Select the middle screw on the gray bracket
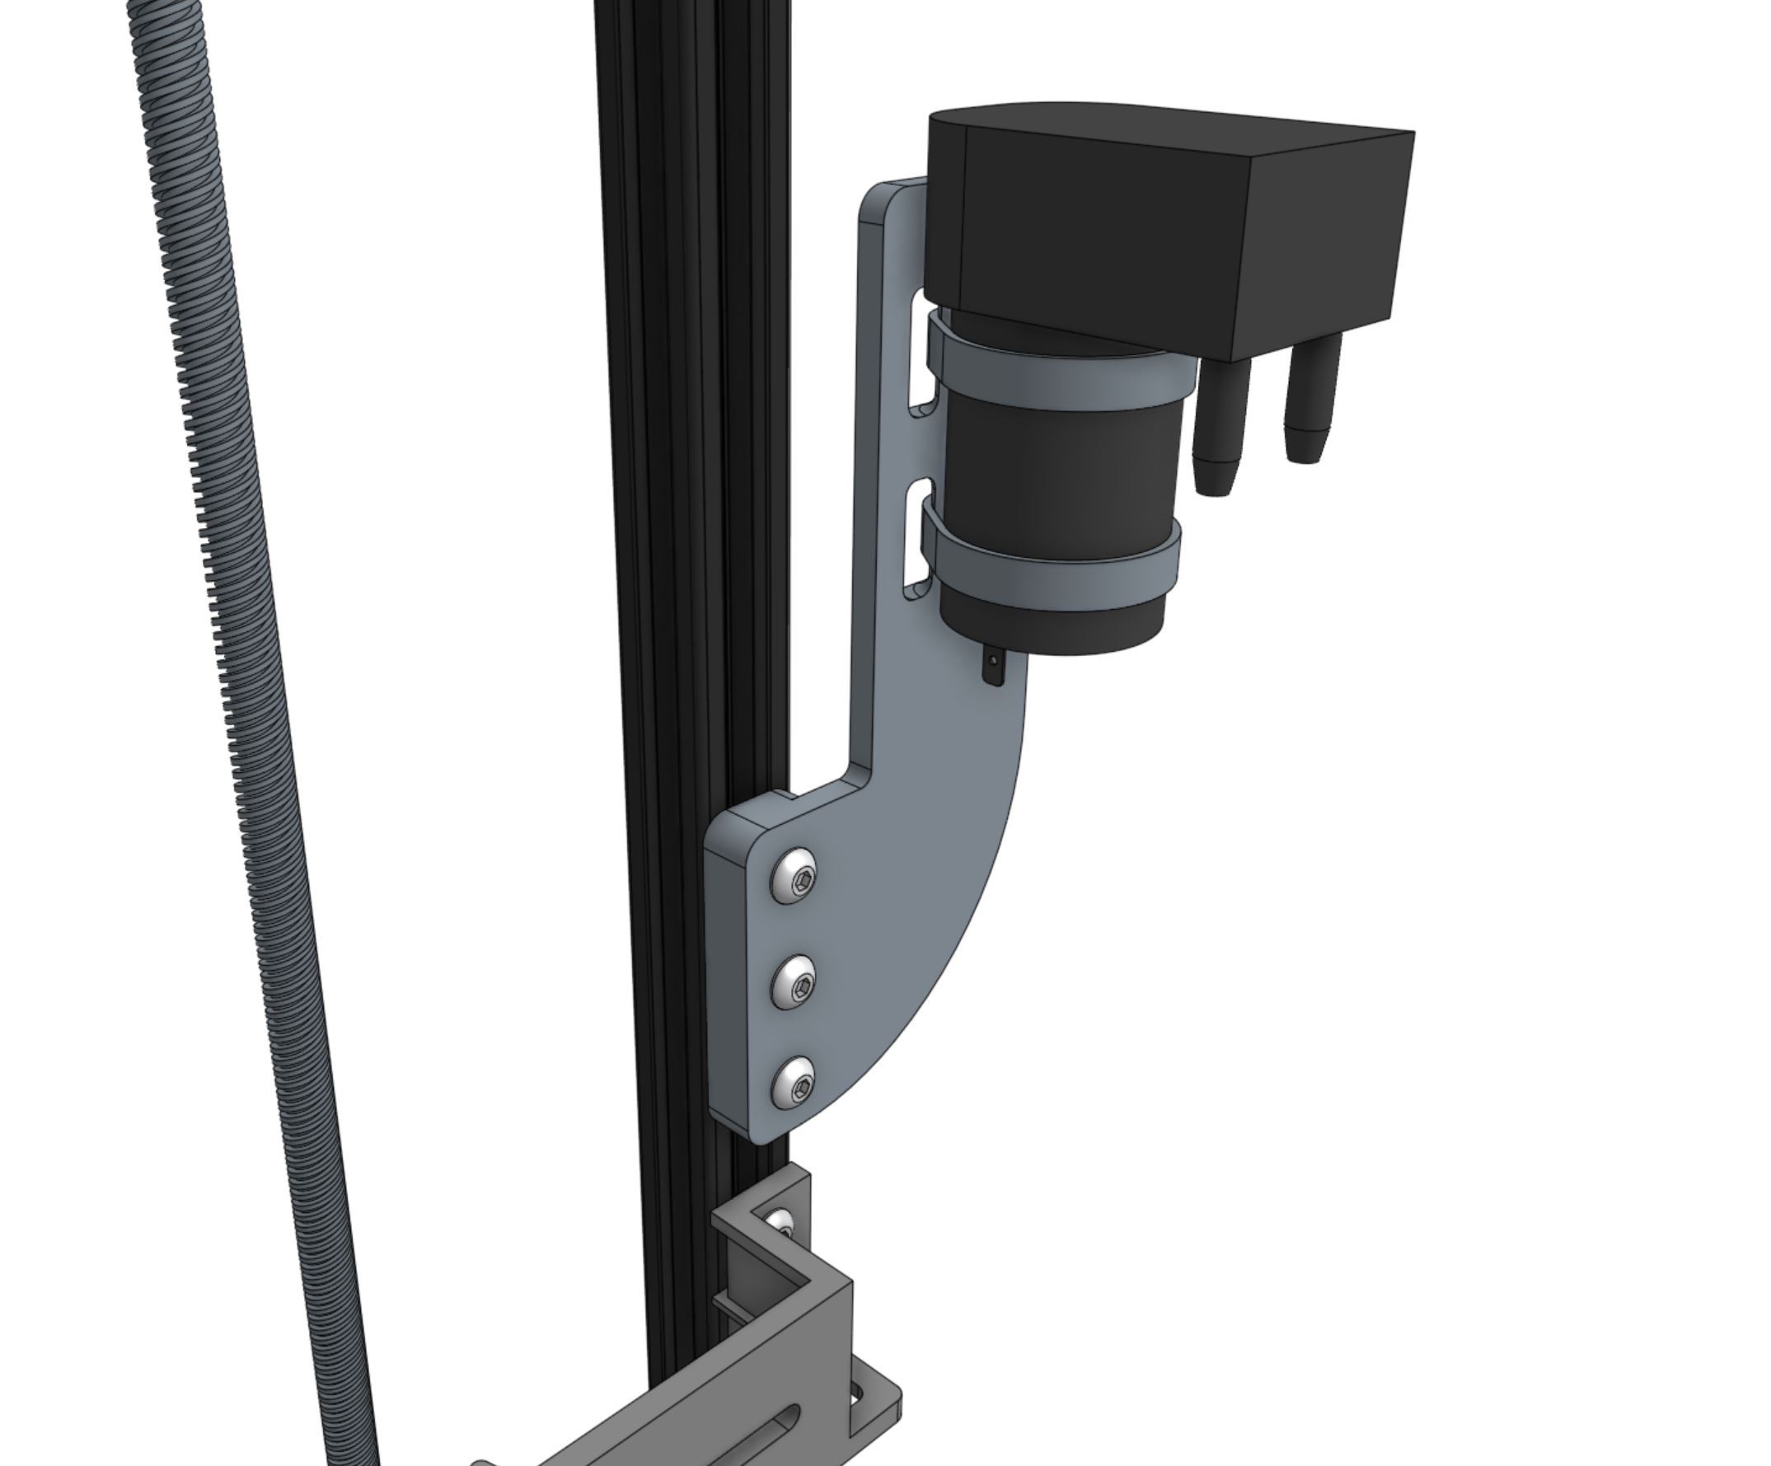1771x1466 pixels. pyautogui.click(x=796, y=981)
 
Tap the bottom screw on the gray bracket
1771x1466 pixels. pyautogui.click(x=795, y=1082)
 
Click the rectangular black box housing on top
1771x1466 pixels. pyautogui.click(x=1181, y=227)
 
